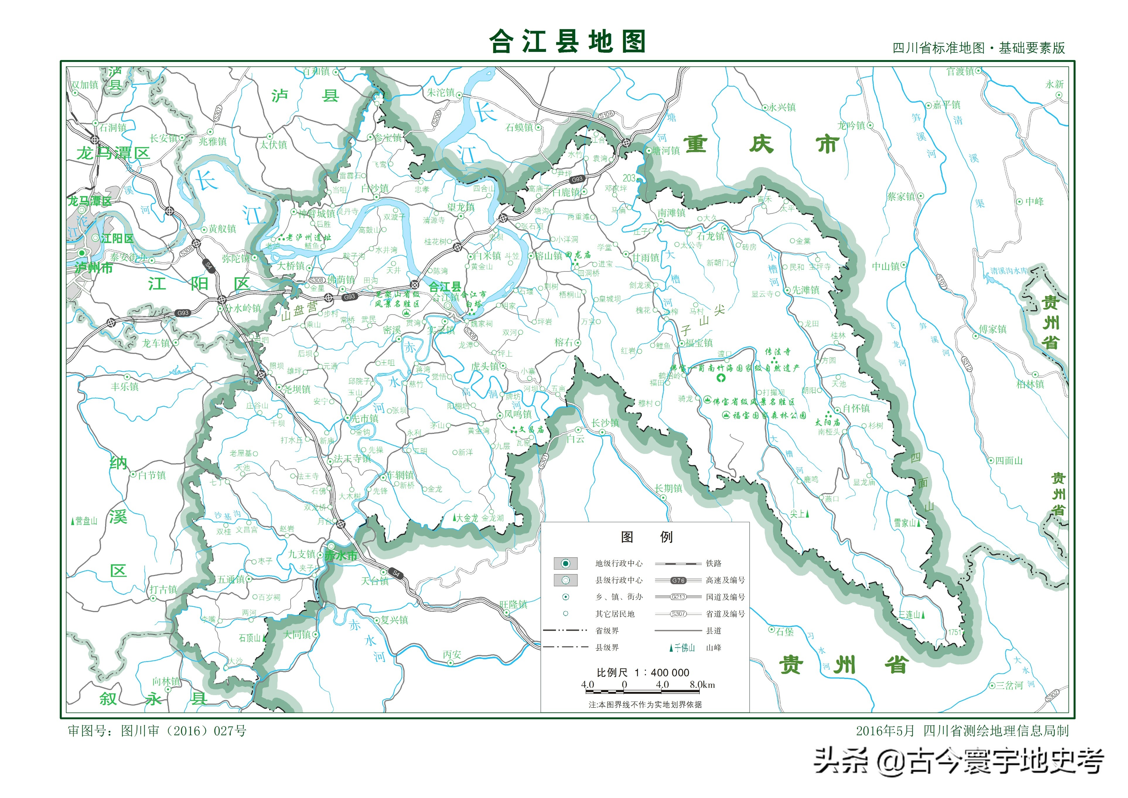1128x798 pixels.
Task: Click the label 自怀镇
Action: click(x=856, y=408)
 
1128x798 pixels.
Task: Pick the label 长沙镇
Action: click(x=605, y=423)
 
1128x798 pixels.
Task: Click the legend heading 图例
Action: click(x=646, y=537)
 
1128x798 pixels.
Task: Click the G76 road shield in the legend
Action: click(x=678, y=580)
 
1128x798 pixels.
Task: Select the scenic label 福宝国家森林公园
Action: click(x=769, y=415)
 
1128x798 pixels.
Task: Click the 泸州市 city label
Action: click(x=94, y=268)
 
